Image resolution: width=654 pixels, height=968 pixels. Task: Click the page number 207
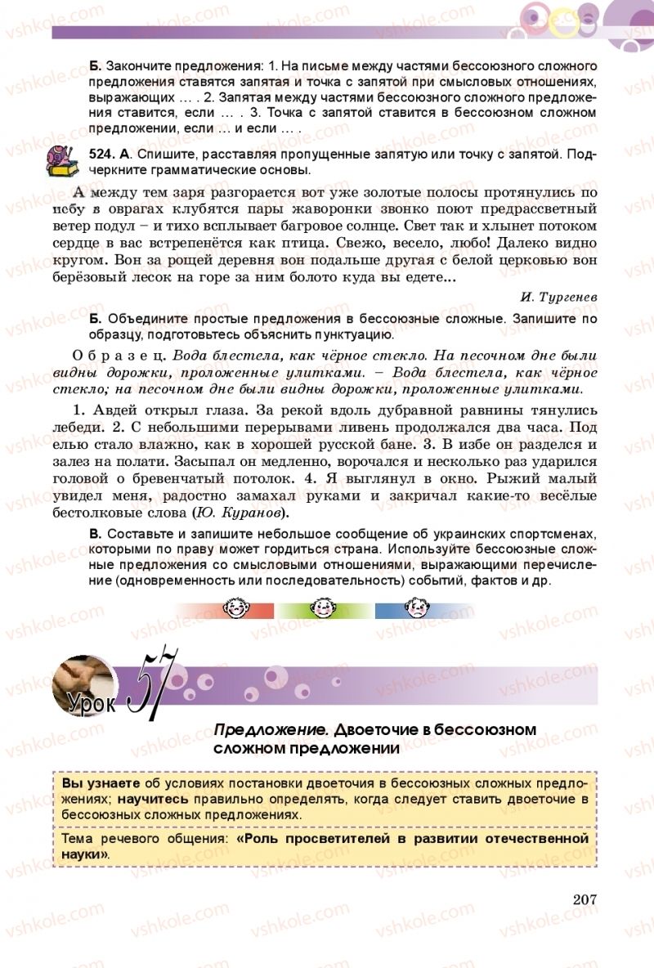(x=585, y=899)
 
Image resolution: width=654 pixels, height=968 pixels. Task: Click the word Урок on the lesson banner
(x=92, y=701)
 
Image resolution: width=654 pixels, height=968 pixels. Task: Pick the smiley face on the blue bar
(x=415, y=609)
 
